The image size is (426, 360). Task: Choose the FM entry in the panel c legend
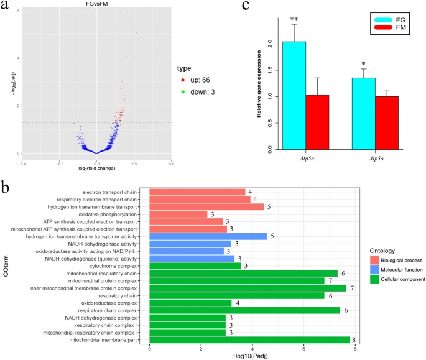pos(398,28)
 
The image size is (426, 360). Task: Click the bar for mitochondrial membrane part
pos(249,339)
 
